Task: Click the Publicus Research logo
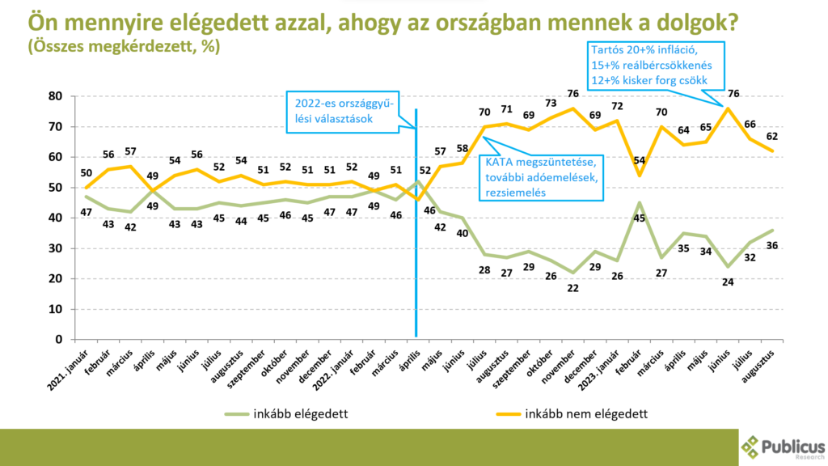(x=781, y=445)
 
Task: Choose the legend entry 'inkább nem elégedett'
(x=586, y=413)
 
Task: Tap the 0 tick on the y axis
(x=57, y=340)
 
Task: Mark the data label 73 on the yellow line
(x=551, y=104)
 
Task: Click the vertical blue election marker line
(x=416, y=243)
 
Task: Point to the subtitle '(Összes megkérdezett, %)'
(x=122, y=47)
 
